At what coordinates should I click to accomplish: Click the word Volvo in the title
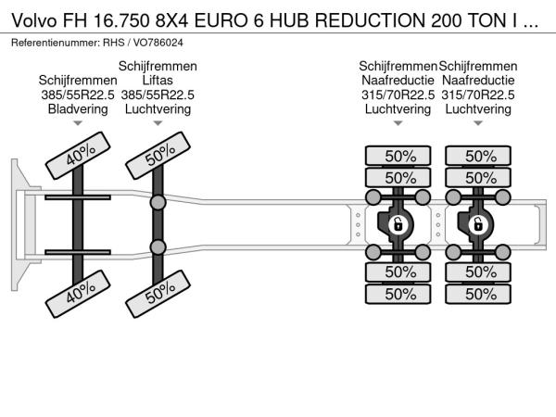(34, 21)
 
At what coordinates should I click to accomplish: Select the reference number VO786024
(158, 43)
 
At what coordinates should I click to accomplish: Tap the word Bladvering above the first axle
(78, 108)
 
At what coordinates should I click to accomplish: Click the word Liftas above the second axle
(158, 80)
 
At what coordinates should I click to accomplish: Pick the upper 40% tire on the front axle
(78, 156)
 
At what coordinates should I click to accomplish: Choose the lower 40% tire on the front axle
(78, 294)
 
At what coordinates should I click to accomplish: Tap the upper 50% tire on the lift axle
(158, 156)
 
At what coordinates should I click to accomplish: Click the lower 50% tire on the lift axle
(158, 294)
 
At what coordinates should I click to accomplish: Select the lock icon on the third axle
(398, 225)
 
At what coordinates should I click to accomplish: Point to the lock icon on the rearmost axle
(478, 225)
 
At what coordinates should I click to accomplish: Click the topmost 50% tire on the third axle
(398, 156)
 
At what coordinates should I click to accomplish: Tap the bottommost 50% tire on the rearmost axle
(478, 294)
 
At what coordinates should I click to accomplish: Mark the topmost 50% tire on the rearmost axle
(478, 156)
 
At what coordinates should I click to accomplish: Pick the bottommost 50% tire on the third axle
(398, 294)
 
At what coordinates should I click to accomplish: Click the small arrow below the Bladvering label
(78, 123)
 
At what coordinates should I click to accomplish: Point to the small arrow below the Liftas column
(158, 123)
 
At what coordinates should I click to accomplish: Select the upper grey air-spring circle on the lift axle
(158, 202)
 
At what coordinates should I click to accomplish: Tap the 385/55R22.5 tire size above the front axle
(78, 95)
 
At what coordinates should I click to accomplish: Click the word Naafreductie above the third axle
(398, 80)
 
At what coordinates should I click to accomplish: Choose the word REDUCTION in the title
(371, 21)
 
